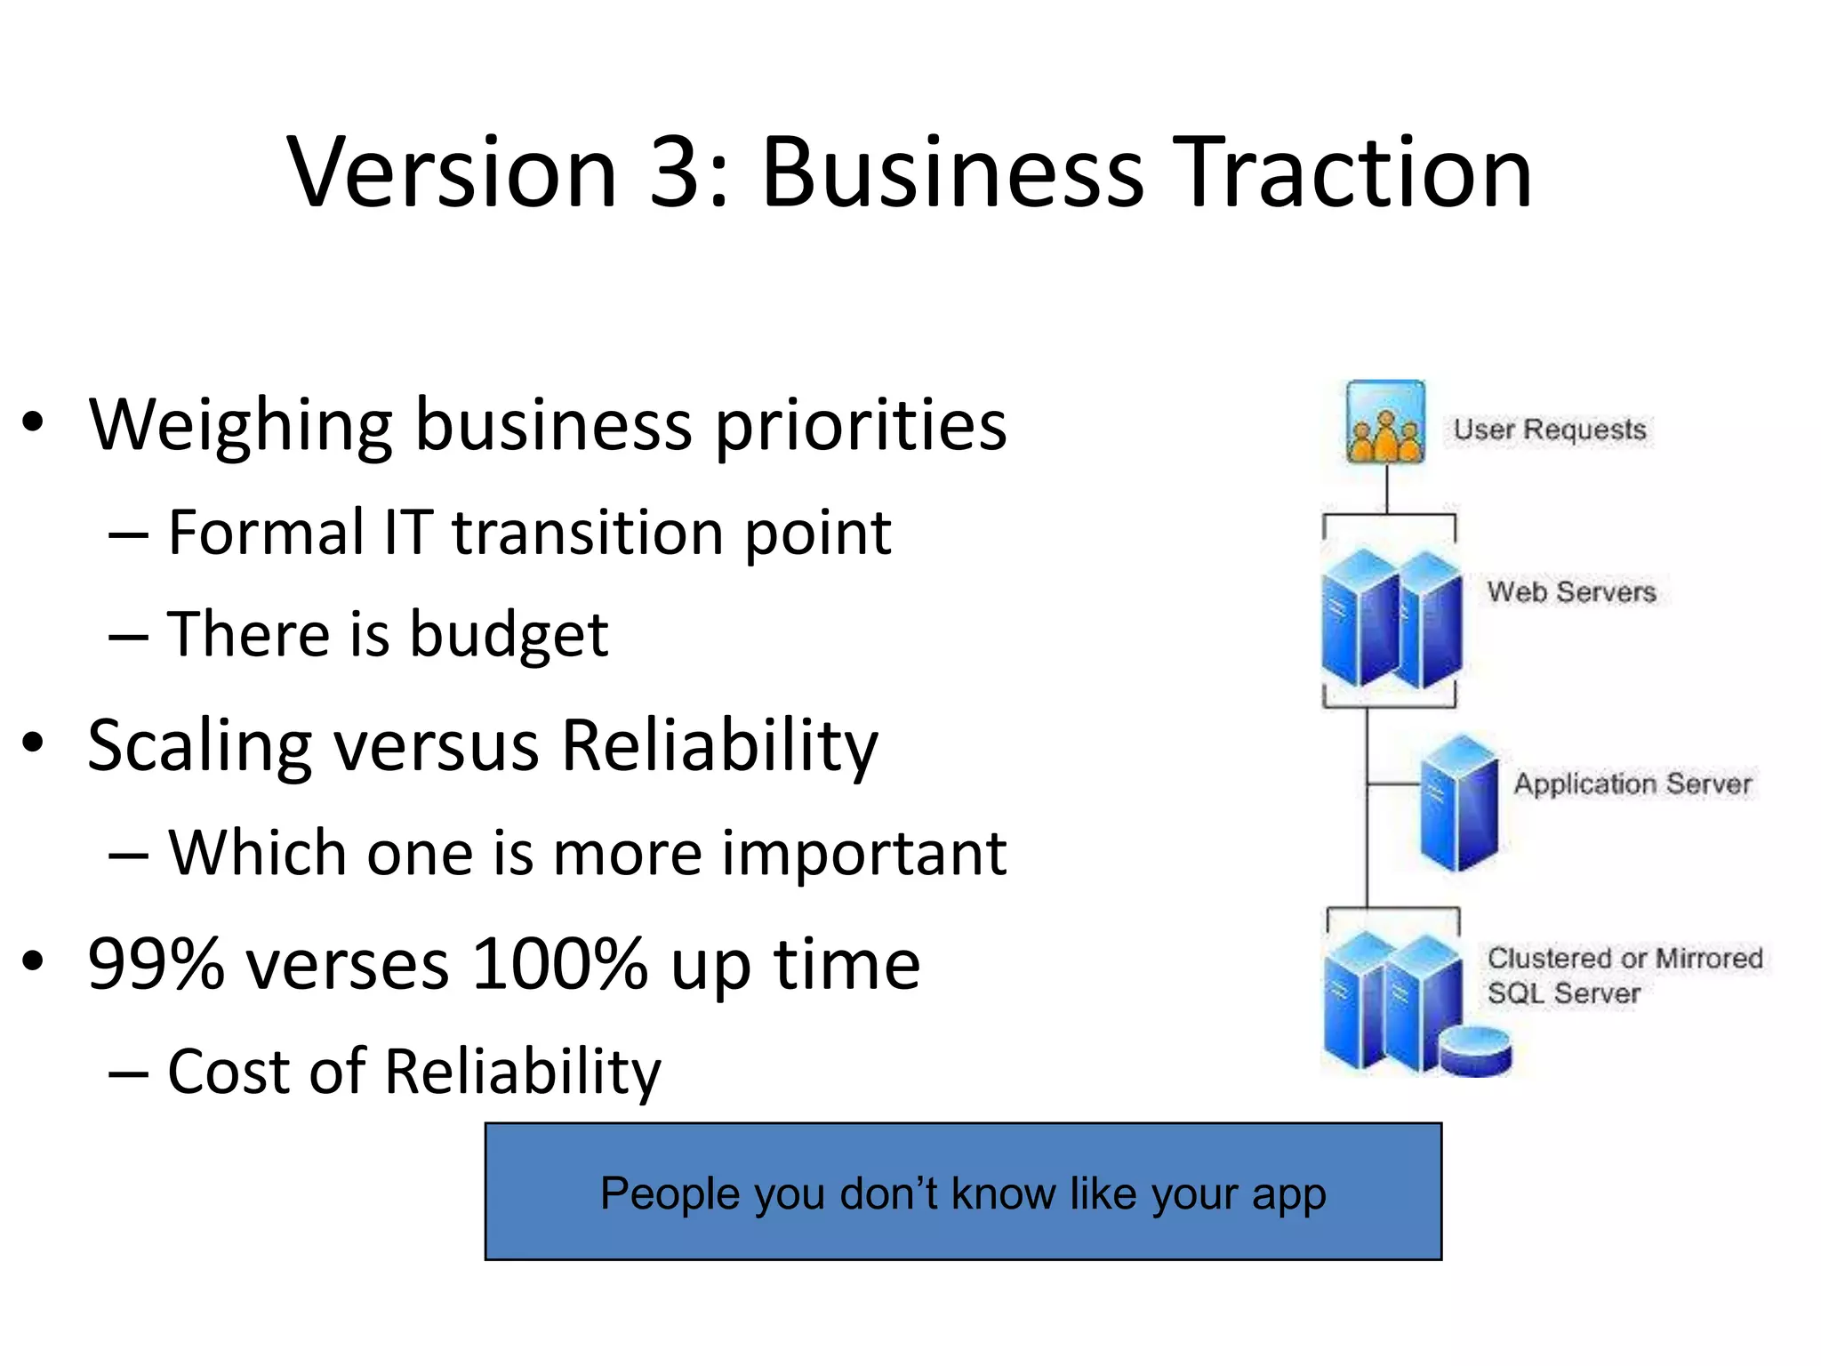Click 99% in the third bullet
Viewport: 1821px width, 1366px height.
pyautogui.click(x=156, y=964)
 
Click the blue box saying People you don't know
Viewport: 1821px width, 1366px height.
pyautogui.click(x=963, y=1192)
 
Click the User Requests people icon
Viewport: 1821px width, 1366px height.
pyautogui.click(x=1385, y=423)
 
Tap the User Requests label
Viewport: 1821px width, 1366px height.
pyautogui.click(x=1550, y=430)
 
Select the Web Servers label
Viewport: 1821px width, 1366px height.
pyautogui.click(x=1571, y=591)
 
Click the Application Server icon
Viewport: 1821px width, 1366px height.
pyautogui.click(x=1458, y=803)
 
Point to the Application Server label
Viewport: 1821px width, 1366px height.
pyautogui.click(x=1632, y=783)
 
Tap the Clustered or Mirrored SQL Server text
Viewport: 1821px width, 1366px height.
pyautogui.click(x=1624, y=975)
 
